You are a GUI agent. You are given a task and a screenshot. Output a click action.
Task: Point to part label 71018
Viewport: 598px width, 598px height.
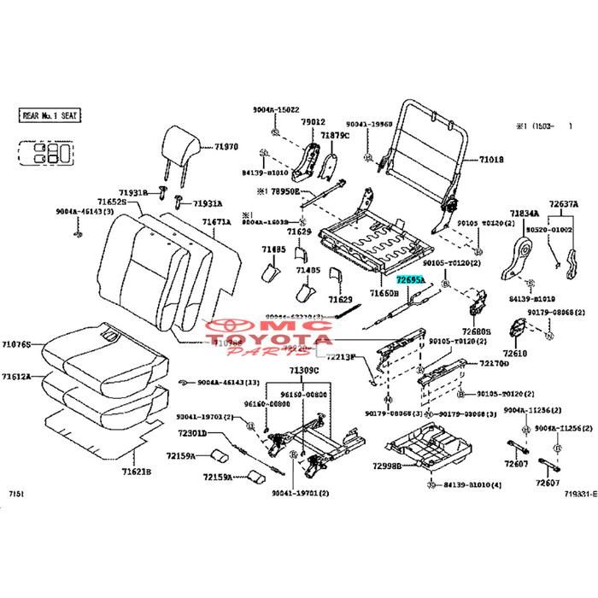491,160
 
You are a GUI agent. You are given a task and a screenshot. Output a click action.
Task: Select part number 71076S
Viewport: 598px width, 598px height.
16,344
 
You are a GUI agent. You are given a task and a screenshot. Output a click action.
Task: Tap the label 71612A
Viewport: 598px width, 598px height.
16,376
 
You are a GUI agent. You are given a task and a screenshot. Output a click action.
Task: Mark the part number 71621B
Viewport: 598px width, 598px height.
136,471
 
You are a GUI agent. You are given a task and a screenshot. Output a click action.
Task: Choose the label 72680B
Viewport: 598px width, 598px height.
477,331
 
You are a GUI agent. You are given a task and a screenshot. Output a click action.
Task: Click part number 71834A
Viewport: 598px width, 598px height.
525,214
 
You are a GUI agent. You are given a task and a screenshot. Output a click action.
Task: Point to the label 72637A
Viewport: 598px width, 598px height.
564,204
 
